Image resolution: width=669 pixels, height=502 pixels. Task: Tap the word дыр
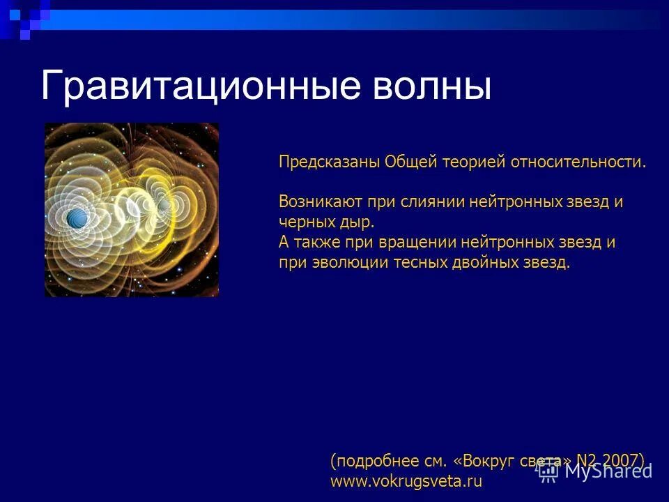(x=355, y=223)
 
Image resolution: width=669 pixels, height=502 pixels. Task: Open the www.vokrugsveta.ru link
(x=406, y=481)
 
